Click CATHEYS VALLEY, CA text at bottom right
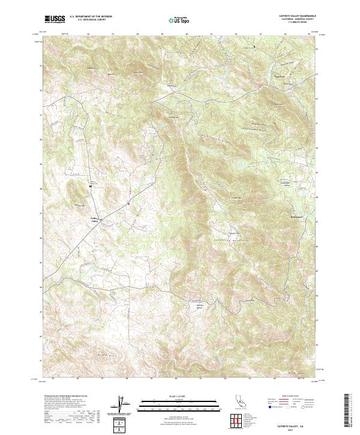point(299,422)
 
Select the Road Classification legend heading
point(288,397)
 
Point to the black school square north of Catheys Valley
point(90,187)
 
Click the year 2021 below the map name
point(299,427)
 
